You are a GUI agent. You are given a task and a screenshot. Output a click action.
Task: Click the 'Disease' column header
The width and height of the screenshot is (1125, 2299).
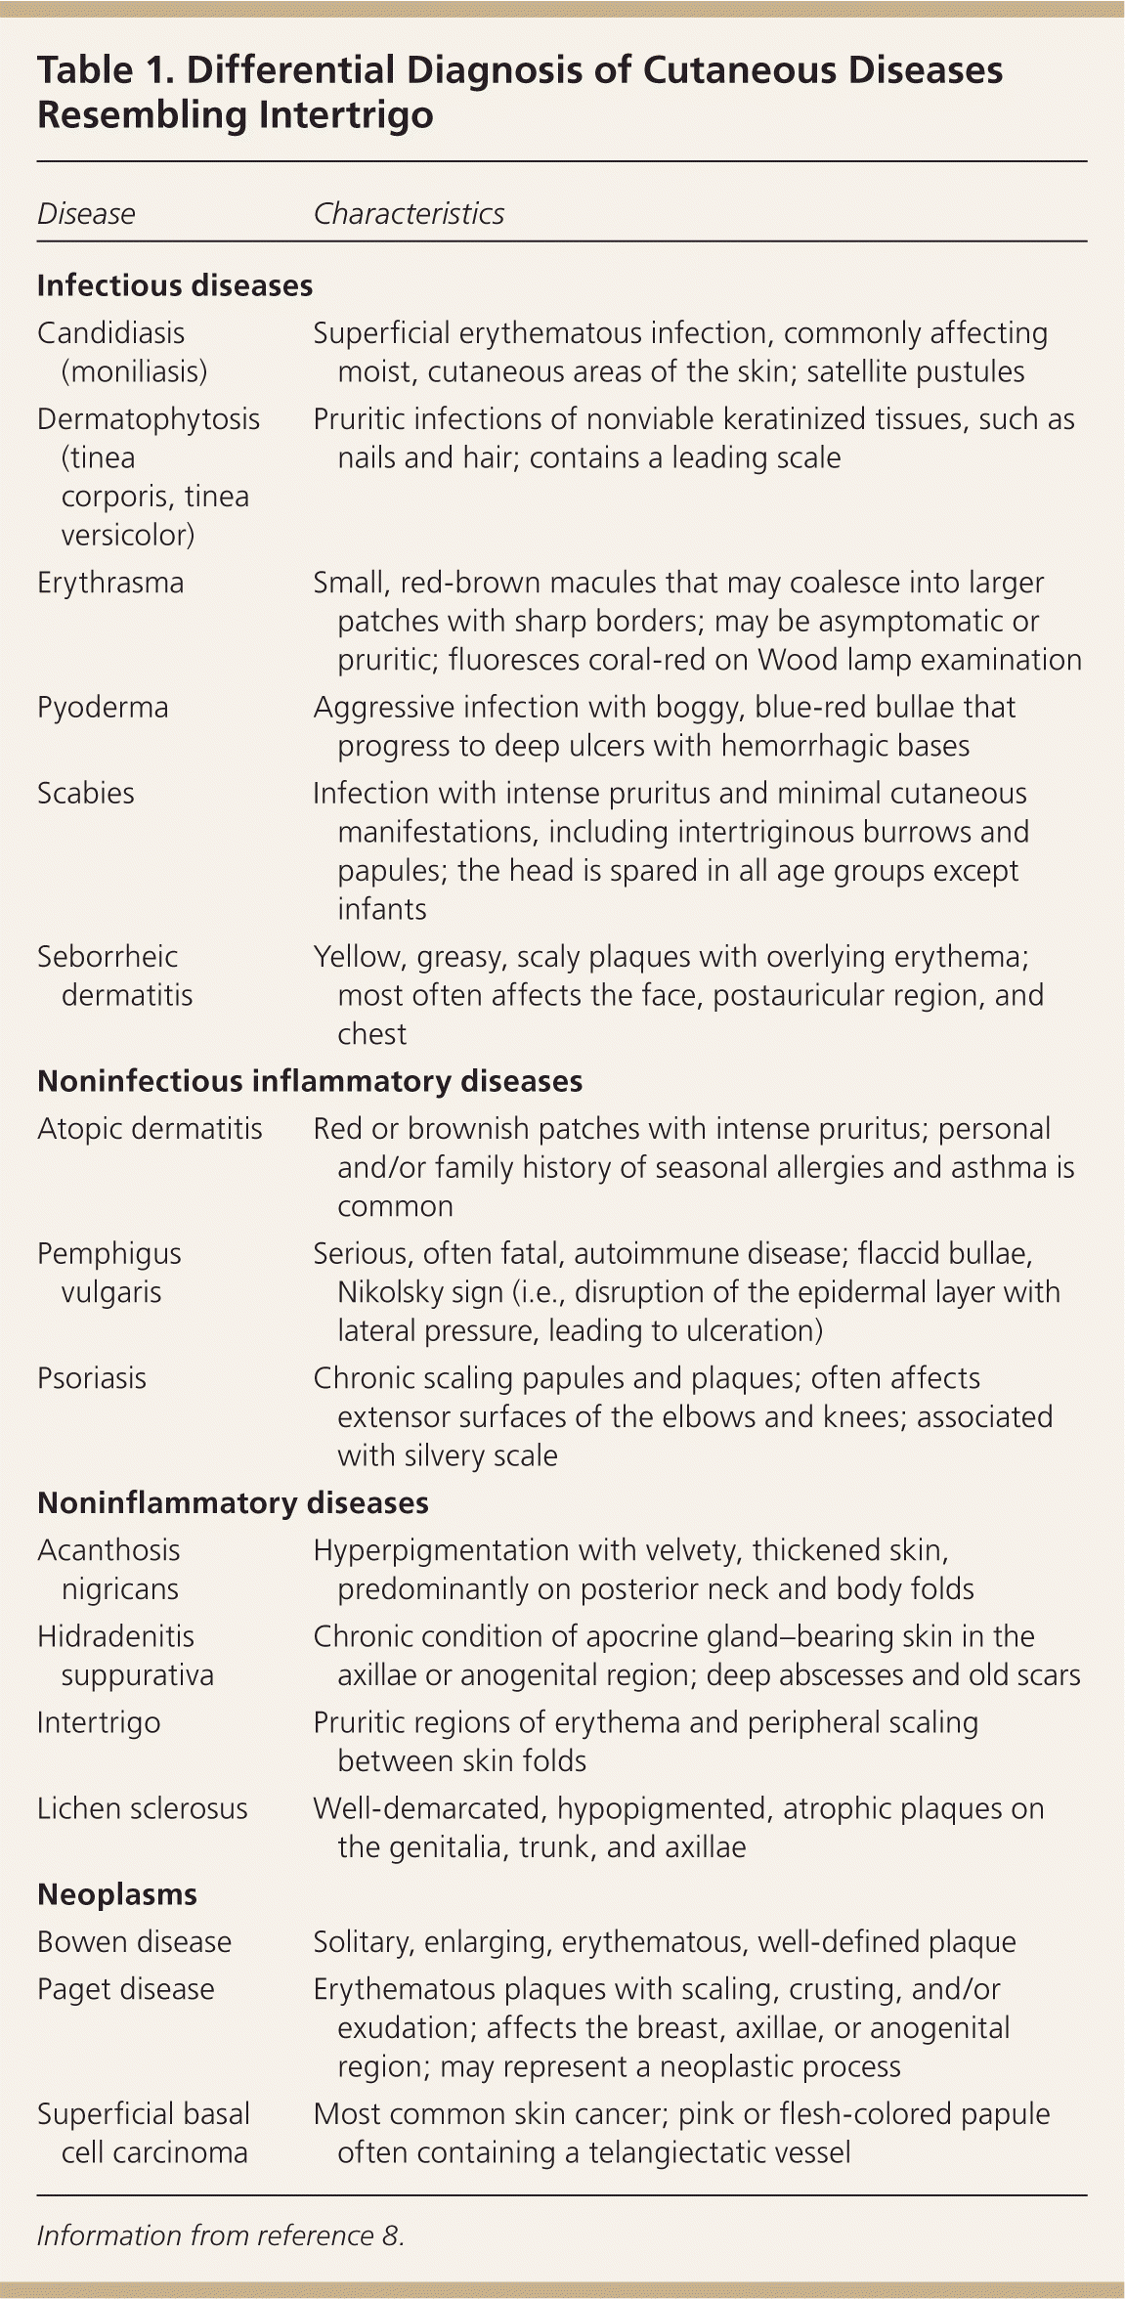(x=86, y=214)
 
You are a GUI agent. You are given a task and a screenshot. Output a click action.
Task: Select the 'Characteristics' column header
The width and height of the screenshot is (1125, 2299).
(x=409, y=214)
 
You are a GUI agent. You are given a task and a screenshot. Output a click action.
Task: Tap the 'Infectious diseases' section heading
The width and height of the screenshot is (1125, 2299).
(x=175, y=285)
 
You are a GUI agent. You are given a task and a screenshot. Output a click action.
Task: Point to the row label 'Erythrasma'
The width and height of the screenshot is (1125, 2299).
(x=110, y=583)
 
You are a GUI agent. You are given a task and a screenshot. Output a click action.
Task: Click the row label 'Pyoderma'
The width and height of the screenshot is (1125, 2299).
(x=103, y=707)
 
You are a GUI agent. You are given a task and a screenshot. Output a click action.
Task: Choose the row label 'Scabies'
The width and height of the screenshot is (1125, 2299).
(x=86, y=793)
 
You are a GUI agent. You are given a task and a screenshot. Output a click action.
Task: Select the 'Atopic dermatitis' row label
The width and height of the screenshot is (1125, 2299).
(x=150, y=1129)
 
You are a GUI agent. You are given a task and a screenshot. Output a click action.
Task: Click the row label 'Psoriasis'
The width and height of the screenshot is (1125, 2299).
(x=92, y=1378)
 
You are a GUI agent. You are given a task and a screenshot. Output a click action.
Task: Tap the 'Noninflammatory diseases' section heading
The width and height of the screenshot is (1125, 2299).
(x=233, y=1502)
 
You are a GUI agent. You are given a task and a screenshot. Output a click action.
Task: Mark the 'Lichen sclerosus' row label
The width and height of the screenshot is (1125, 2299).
(x=143, y=1808)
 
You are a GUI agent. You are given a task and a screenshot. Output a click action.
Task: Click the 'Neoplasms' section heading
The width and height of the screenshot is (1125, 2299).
(x=117, y=1894)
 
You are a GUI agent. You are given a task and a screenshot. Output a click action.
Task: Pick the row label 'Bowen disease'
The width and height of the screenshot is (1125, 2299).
(x=135, y=1942)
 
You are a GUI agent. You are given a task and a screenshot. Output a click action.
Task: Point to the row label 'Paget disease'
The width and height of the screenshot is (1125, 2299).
(x=126, y=1989)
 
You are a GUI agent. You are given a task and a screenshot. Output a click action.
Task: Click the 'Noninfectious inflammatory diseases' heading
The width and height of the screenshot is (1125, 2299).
(x=310, y=1081)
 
